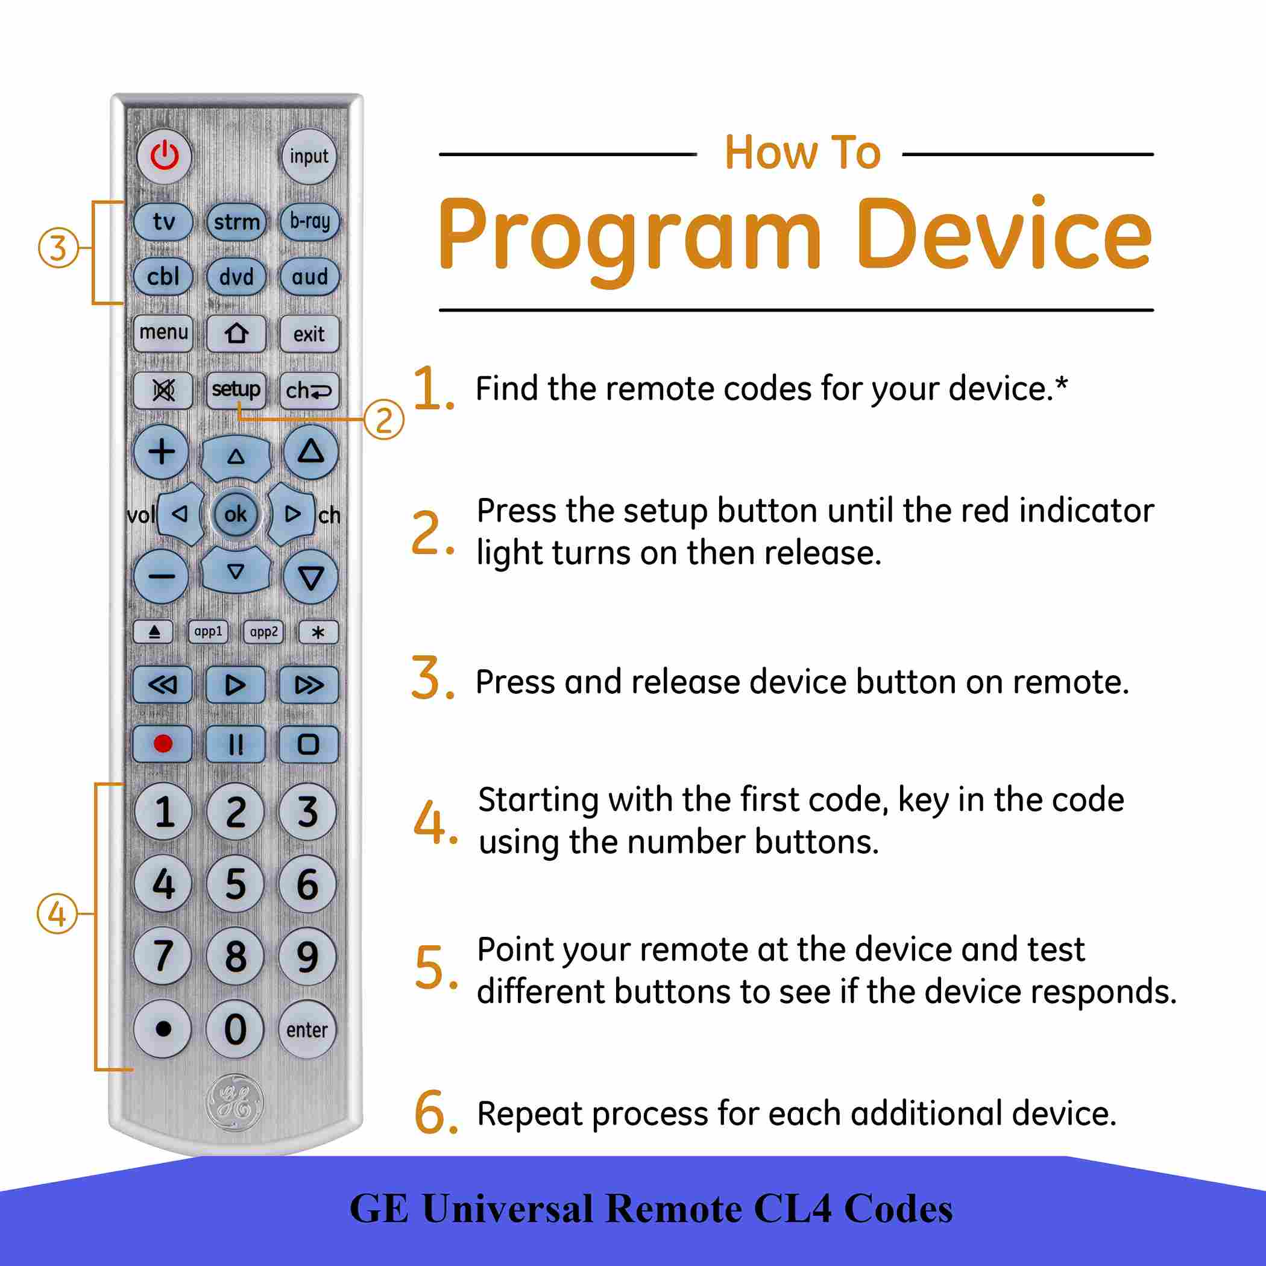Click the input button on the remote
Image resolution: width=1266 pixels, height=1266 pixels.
click(309, 157)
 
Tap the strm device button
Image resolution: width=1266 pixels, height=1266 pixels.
click(236, 222)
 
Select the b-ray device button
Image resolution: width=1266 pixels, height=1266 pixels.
click(309, 222)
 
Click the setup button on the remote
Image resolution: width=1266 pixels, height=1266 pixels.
click(236, 390)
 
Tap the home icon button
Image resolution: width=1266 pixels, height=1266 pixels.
click(236, 334)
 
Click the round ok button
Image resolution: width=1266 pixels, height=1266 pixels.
click(235, 514)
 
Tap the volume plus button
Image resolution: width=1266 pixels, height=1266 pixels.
click(162, 452)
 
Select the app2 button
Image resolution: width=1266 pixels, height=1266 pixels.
click(263, 632)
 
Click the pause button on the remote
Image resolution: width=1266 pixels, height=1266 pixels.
click(235, 744)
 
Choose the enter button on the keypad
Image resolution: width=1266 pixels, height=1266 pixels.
click(307, 1030)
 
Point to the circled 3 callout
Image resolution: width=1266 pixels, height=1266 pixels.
click(58, 248)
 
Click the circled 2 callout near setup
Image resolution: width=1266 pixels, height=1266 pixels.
click(384, 420)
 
